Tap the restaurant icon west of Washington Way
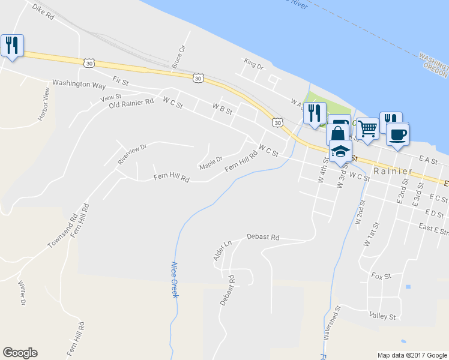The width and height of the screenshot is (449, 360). click(x=12, y=46)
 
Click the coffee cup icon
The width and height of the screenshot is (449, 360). click(x=397, y=134)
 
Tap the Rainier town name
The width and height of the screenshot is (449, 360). click(x=393, y=171)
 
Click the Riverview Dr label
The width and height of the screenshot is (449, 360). click(x=132, y=154)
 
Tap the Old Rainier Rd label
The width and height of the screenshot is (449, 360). click(x=131, y=103)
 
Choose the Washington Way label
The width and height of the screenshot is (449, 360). click(x=79, y=84)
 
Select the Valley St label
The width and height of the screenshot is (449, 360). click(x=382, y=316)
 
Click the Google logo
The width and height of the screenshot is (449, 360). click(x=20, y=353)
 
